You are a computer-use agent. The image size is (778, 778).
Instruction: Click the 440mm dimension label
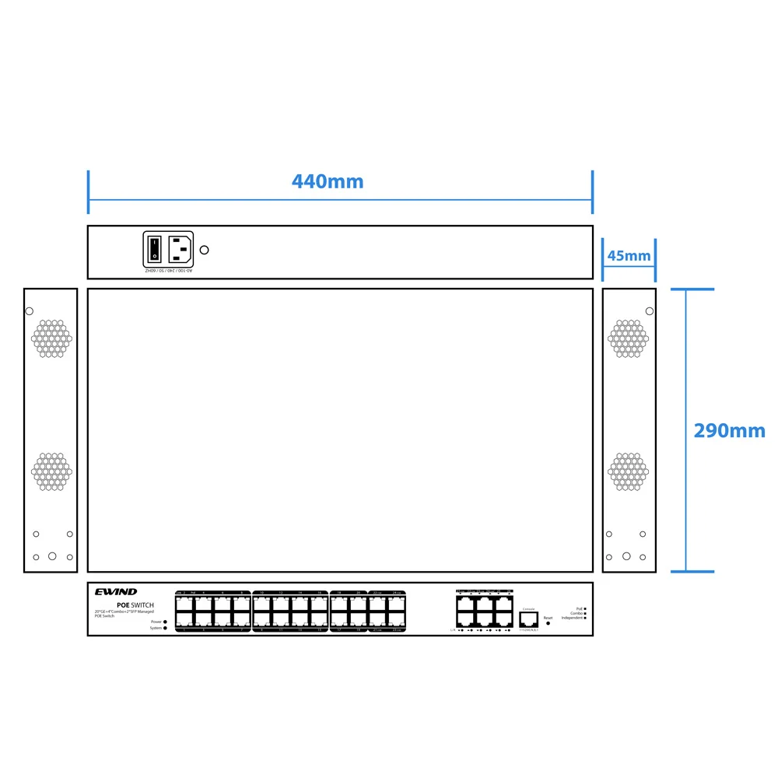click(x=328, y=181)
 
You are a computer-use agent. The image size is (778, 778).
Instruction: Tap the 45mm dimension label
click(x=629, y=256)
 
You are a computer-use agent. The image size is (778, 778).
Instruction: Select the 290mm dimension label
click(x=729, y=431)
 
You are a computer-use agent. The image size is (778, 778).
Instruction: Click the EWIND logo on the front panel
click(x=116, y=592)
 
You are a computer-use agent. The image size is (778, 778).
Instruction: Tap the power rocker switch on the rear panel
click(x=154, y=249)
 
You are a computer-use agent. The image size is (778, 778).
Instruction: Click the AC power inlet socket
click(x=180, y=249)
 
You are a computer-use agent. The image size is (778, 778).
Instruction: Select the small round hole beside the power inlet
click(x=205, y=250)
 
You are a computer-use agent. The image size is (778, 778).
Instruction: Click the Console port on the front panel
click(x=529, y=619)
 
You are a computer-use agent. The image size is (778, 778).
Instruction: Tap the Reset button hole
click(x=548, y=624)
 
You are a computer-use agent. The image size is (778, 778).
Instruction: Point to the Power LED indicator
click(x=166, y=622)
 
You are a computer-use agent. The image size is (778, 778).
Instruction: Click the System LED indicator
click(x=166, y=628)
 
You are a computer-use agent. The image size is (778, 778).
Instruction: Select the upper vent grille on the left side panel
click(x=51, y=338)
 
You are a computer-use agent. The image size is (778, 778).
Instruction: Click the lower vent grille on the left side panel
click(x=51, y=471)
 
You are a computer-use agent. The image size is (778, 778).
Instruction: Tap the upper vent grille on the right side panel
click(x=628, y=338)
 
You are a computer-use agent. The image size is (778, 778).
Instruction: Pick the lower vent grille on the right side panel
click(x=628, y=471)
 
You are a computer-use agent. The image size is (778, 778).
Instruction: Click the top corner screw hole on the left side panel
click(x=30, y=311)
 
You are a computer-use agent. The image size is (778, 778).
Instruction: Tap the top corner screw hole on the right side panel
click(x=650, y=311)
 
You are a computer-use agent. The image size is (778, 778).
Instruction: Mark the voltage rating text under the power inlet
click(x=168, y=271)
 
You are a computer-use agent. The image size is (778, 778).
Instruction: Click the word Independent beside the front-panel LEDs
click(x=572, y=618)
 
